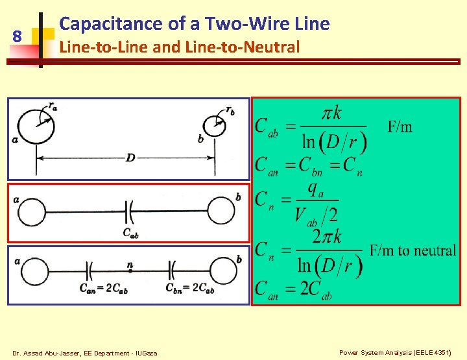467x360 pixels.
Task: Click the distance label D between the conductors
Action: pyautogui.click(x=130, y=158)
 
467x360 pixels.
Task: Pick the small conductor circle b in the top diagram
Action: pyautogui.click(x=213, y=126)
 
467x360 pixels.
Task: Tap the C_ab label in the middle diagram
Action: pyautogui.click(x=130, y=233)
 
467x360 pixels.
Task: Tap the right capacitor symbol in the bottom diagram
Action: pyautogui.click(x=173, y=269)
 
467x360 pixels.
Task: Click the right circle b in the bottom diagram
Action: pyautogui.click(x=222, y=269)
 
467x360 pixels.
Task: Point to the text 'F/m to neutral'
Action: pyautogui.click(x=413, y=250)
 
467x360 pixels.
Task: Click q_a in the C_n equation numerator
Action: pyautogui.click(x=315, y=189)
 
